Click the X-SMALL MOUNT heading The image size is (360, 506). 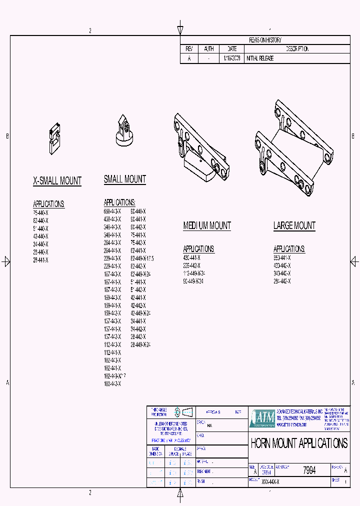coord(57,181)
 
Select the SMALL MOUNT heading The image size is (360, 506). coord(125,179)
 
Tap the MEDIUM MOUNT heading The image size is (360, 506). coord(207,225)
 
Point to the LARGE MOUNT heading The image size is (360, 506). coord(294,225)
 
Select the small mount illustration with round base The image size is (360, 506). coord(124,131)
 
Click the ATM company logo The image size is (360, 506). coord(261,418)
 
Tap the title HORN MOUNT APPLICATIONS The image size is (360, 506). coord(299,443)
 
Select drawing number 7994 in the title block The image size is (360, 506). coord(309,470)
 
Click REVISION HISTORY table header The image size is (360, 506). coord(265,40)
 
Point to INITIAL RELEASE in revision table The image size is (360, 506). coord(260,58)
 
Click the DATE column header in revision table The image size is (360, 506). coord(232,49)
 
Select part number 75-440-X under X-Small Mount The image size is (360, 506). coord(40,212)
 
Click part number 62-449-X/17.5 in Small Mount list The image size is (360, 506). coord(142,258)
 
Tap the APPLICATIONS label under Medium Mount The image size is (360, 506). coord(198,248)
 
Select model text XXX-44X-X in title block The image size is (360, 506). coord(270,481)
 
